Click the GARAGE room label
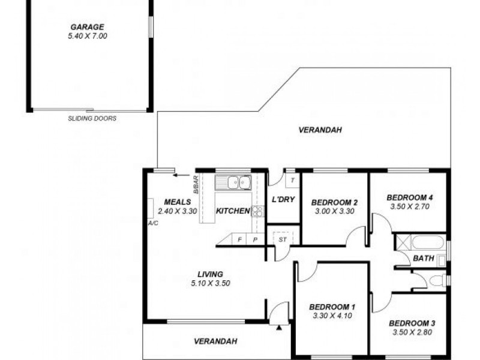[88, 26]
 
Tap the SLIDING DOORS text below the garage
[92, 119]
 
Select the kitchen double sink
[234, 181]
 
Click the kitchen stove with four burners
[258, 211]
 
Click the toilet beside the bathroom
[436, 280]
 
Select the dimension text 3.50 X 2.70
[410, 206]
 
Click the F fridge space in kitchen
[240, 239]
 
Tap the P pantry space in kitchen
[255, 239]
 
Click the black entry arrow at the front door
[279, 328]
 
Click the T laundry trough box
[292, 179]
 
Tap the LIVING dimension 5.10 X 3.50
[209, 283]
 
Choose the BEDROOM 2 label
[334, 202]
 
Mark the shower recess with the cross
[401, 243]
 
